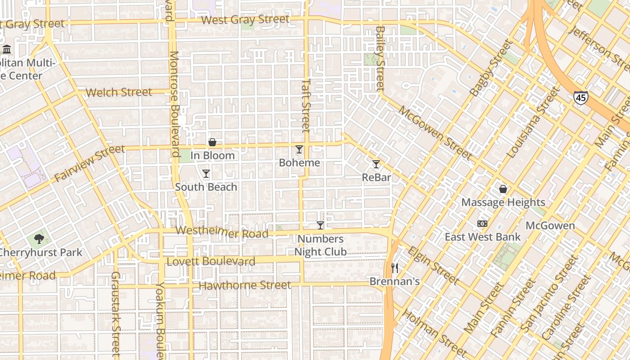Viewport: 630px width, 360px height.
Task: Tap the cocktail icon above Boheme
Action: [299, 149]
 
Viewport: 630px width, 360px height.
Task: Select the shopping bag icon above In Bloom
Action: [212, 143]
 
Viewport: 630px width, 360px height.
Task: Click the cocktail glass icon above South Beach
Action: [206, 174]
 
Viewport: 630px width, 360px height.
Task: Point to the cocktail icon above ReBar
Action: [376, 164]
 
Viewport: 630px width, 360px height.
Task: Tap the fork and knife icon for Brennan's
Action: [395, 268]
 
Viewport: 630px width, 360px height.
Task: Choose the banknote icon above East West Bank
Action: [482, 224]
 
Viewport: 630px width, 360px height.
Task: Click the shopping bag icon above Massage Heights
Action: [503, 189]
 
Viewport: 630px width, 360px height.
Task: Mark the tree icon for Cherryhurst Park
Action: [39, 239]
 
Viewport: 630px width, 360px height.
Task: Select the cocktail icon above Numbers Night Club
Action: [320, 225]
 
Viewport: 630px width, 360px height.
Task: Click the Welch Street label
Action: [119, 92]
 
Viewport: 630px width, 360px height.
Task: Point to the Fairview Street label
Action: [89, 163]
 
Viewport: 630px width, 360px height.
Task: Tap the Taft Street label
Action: [306, 106]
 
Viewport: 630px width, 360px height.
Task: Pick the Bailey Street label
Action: [381, 58]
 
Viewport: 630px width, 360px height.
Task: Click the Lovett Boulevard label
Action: [211, 261]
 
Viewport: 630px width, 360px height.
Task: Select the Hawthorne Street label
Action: [245, 285]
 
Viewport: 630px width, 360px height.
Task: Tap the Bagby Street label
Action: [491, 68]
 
